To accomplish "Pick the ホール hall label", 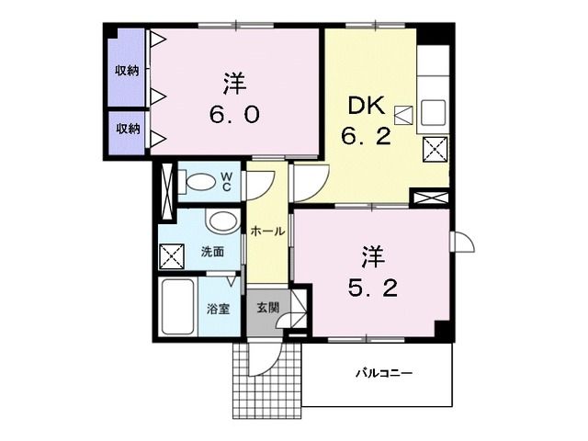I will (267, 232).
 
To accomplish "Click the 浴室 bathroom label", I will (218, 309).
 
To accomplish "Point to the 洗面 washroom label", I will (212, 251).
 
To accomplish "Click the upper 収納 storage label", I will (127, 70).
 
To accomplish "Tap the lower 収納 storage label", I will (127, 129).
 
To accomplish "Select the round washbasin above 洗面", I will (220, 222).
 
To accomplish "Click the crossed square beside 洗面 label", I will (172, 254).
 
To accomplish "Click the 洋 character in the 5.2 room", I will (370, 254).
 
